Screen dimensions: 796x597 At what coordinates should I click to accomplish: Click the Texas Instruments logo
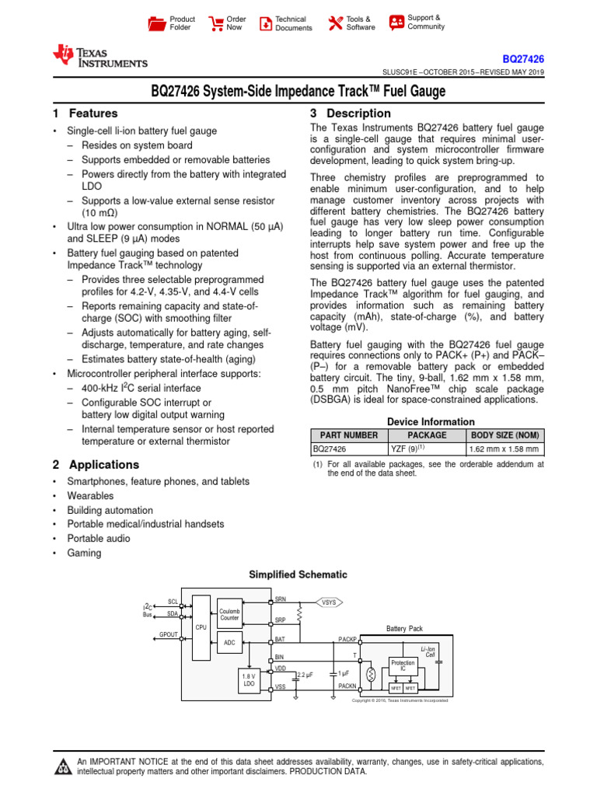click(99, 57)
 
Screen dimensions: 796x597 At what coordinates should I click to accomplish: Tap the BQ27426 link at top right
click(522, 58)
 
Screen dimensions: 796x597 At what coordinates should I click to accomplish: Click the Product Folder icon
click(157, 23)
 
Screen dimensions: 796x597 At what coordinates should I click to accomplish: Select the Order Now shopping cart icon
click(215, 23)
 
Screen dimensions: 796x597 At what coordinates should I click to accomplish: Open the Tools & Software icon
click(336, 23)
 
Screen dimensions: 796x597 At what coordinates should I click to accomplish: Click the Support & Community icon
click(396, 23)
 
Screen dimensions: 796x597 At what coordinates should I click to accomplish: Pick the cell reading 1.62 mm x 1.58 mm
click(503, 449)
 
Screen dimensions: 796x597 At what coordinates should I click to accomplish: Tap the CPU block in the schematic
click(201, 626)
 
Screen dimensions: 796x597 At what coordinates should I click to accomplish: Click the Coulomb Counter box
click(229, 613)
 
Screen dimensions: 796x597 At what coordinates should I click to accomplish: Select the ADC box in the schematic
click(229, 643)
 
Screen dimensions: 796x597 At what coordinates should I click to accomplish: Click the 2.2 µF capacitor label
click(305, 676)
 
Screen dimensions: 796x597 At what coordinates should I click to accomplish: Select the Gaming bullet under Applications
click(84, 553)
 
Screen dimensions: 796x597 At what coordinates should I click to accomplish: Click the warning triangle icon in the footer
click(61, 767)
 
